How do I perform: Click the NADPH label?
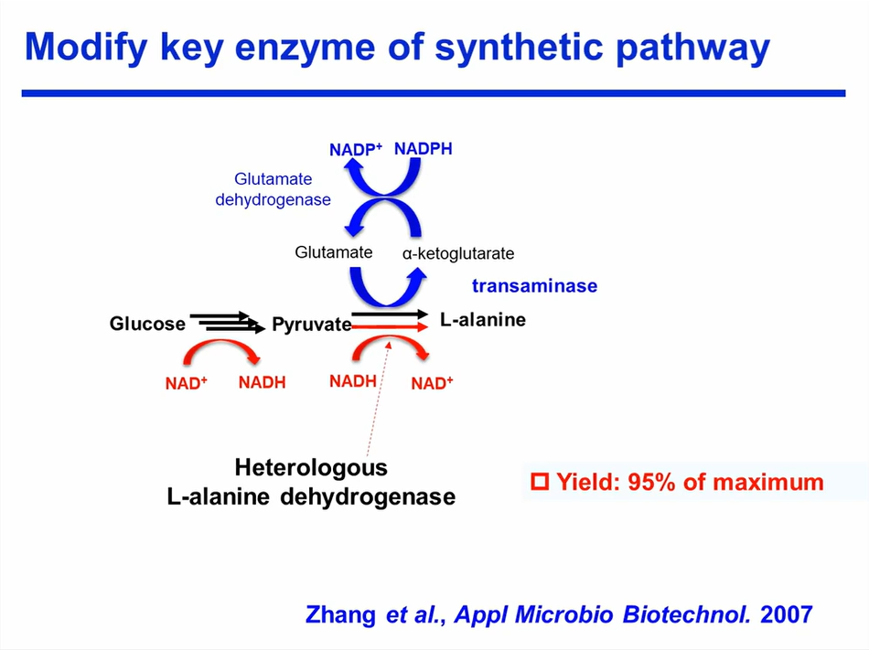(423, 148)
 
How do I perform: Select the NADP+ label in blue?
(356, 150)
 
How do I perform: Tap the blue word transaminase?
(534, 286)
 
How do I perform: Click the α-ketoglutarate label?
(458, 253)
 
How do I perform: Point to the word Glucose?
(147, 324)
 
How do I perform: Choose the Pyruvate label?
(311, 325)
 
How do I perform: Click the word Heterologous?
(311, 468)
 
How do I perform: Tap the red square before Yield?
(540, 481)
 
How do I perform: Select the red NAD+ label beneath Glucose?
(187, 384)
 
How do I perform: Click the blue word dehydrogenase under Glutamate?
(273, 199)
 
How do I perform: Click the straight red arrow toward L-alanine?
(390, 326)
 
